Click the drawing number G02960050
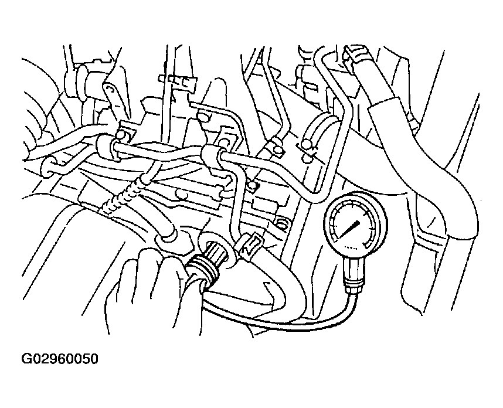click(x=59, y=359)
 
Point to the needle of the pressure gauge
click(x=349, y=229)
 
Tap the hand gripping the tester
click(x=151, y=288)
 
